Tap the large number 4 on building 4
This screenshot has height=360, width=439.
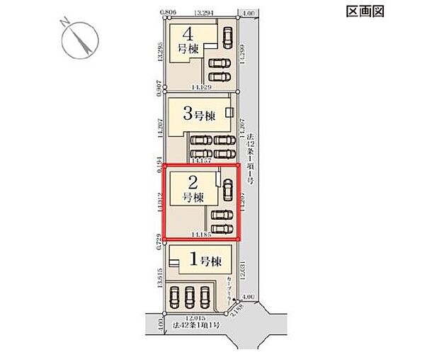point(188,33)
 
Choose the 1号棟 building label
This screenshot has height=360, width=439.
point(204,260)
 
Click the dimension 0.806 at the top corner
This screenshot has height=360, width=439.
point(167,12)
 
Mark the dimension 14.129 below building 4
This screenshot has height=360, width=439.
point(201,87)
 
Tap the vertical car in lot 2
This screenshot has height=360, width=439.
point(227,189)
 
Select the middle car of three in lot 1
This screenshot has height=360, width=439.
point(190,296)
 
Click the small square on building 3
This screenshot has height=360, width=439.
point(229,112)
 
